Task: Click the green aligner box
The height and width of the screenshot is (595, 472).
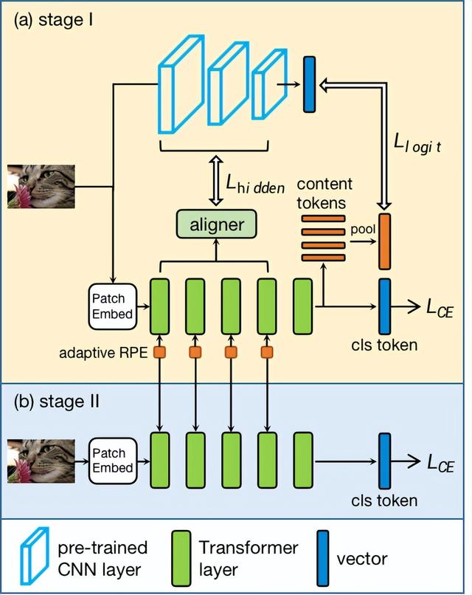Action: click(x=217, y=224)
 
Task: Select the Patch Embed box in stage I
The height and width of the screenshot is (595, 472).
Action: click(x=112, y=306)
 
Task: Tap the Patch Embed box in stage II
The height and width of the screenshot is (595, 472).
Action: click(x=113, y=461)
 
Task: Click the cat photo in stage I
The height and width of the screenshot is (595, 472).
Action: click(x=41, y=186)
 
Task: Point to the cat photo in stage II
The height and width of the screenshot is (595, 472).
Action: click(x=41, y=461)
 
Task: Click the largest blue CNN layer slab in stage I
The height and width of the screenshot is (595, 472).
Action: click(x=181, y=84)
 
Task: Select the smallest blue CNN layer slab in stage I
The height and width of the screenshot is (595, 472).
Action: click(x=270, y=84)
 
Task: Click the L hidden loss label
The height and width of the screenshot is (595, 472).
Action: click(x=254, y=185)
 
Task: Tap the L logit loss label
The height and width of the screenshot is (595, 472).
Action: click(x=417, y=143)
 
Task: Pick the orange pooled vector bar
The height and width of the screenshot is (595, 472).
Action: click(x=385, y=241)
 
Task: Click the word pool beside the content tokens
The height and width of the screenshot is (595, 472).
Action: click(x=363, y=230)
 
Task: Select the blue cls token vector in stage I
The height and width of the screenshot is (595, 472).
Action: click(x=385, y=306)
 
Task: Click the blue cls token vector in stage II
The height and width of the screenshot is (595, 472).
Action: click(x=385, y=461)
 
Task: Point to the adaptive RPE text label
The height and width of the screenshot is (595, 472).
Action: click(x=103, y=353)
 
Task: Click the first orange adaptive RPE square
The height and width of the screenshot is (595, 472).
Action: click(x=159, y=352)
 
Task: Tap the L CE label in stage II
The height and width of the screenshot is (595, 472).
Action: click(x=440, y=463)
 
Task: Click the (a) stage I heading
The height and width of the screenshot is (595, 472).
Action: click(x=53, y=20)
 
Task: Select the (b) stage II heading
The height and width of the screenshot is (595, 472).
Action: click(x=57, y=402)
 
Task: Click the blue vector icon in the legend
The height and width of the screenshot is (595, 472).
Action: click(x=323, y=558)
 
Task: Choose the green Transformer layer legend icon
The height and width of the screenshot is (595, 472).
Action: click(x=181, y=558)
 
